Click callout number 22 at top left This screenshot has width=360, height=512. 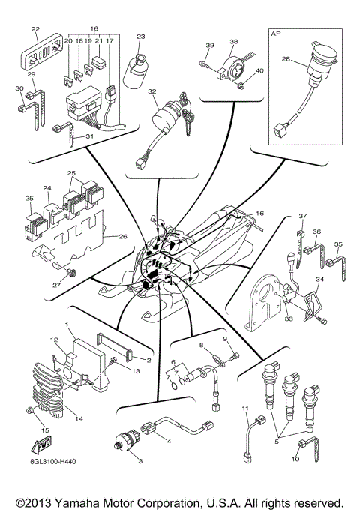point(35,30)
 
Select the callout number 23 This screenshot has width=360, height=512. point(140,36)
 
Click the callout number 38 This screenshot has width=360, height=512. point(233,43)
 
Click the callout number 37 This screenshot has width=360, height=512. point(304,216)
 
